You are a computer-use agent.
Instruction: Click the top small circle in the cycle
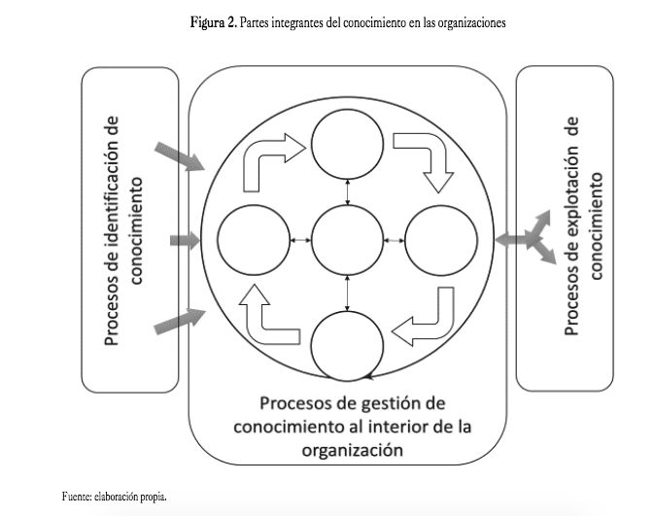[x=348, y=145]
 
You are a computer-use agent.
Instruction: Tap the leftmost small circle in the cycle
[x=255, y=239]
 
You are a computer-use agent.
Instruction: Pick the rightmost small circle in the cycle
[x=440, y=239]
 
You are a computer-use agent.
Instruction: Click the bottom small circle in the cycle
[x=348, y=342]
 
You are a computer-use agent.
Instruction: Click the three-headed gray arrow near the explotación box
[x=530, y=239]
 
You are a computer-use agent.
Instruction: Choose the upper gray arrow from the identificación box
[x=179, y=155]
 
